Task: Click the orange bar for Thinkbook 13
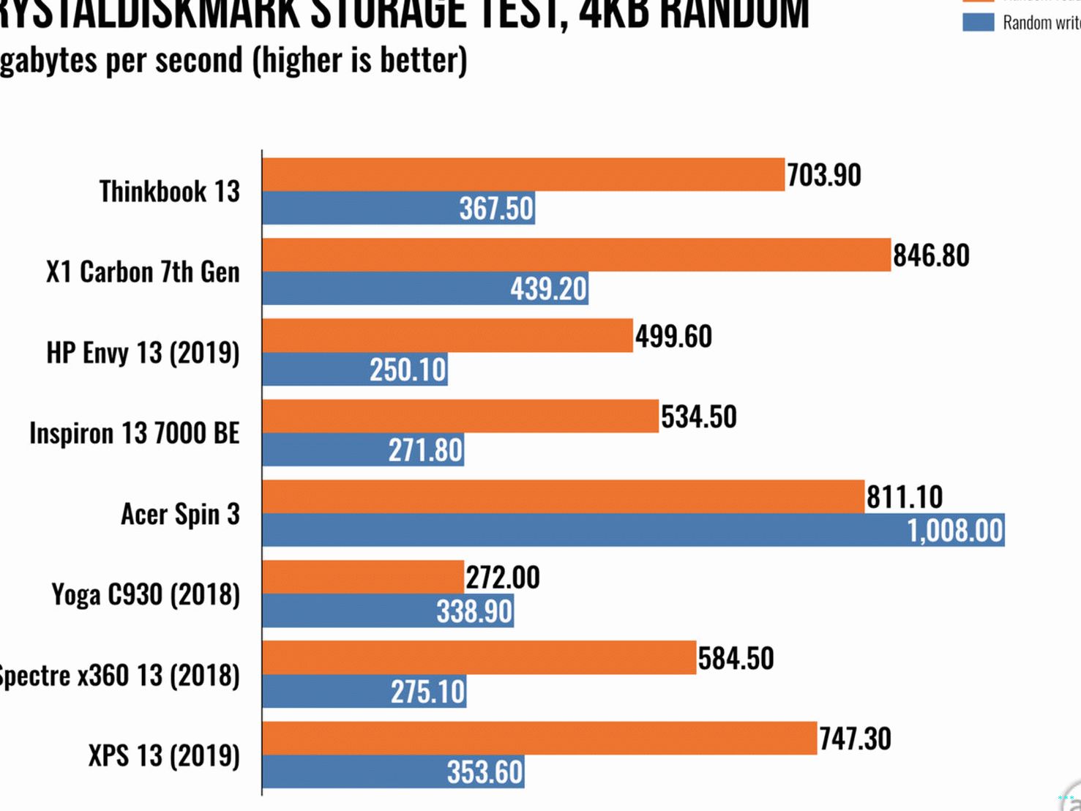(523, 175)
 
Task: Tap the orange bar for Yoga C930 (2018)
(363, 577)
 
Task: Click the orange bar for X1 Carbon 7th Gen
(576, 255)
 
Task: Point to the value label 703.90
(824, 175)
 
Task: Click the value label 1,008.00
(954, 530)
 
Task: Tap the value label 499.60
(673, 336)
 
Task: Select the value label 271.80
(425, 449)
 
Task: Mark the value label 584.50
(736, 658)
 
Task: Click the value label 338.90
(474, 610)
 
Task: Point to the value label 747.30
(855, 739)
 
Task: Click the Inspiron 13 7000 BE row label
(135, 433)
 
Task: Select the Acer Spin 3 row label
(180, 514)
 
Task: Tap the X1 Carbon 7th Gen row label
(143, 272)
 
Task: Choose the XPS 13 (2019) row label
(164, 755)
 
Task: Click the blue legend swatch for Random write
(978, 22)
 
